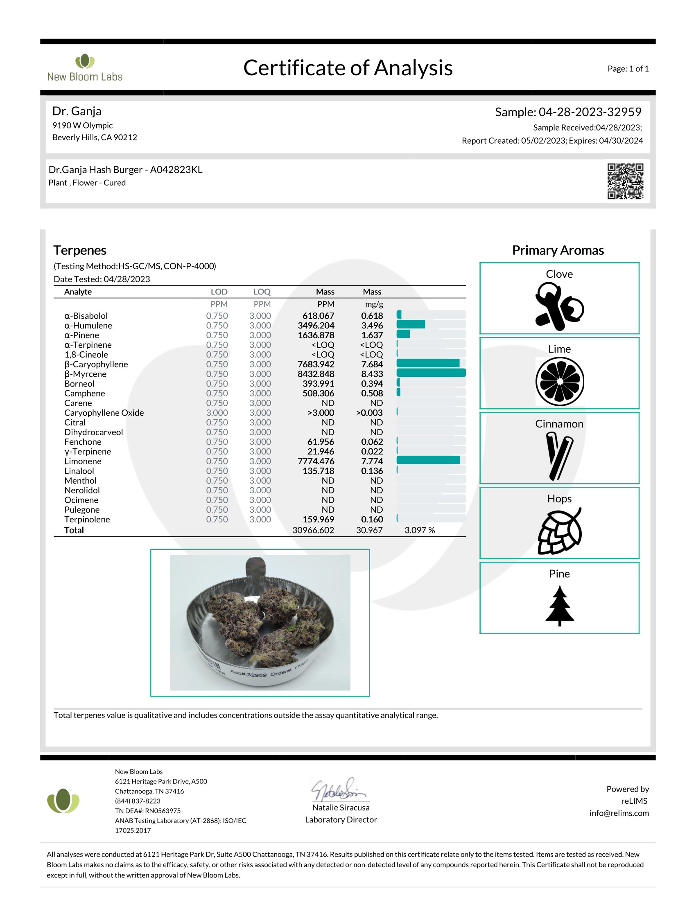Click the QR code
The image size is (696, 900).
(625, 181)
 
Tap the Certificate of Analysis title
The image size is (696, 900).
(348, 68)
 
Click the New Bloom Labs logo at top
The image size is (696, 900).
(85, 67)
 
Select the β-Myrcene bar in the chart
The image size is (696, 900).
(431, 373)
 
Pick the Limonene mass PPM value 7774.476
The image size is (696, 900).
(316, 461)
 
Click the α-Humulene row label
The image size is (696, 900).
(88, 326)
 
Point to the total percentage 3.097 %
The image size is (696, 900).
(419, 530)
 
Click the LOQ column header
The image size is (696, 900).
(262, 292)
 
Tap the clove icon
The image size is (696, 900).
(559, 306)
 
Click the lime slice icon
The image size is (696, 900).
(560, 381)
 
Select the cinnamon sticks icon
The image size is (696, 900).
(559, 456)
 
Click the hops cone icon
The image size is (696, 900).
(560, 531)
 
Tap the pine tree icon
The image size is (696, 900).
(560, 606)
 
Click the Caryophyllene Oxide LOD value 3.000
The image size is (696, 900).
(217, 413)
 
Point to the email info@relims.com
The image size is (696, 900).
(619, 813)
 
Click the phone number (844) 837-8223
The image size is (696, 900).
(138, 801)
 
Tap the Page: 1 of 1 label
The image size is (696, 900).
(628, 69)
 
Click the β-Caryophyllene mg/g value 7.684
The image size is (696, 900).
(371, 364)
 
